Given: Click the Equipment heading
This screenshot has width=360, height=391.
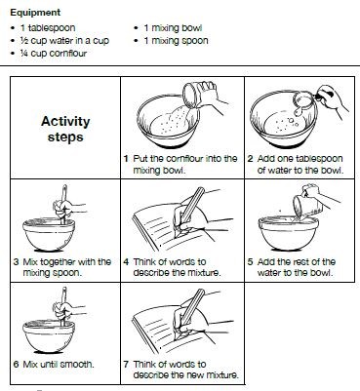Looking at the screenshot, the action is point(35,13).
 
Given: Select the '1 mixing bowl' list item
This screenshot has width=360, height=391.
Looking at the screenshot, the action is point(173,28).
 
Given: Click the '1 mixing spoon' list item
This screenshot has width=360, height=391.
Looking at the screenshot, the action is point(176,41).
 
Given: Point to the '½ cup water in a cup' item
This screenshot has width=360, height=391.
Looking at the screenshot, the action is point(64,41).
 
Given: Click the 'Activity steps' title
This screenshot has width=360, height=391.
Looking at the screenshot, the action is point(65,129).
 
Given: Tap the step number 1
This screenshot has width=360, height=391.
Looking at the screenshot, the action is point(126,159).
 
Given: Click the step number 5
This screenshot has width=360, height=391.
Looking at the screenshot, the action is point(250,262).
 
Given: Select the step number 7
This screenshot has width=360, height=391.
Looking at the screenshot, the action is point(126,365).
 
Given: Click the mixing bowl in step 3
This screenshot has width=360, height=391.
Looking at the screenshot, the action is point(49,235).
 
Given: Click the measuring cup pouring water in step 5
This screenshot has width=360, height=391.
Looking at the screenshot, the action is point(305,206).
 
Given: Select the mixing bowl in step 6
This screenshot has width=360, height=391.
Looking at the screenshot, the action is point(49,336).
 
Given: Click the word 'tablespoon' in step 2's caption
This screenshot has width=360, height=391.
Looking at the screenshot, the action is point(316,159).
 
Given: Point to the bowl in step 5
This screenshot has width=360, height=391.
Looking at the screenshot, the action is point(289,233).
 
